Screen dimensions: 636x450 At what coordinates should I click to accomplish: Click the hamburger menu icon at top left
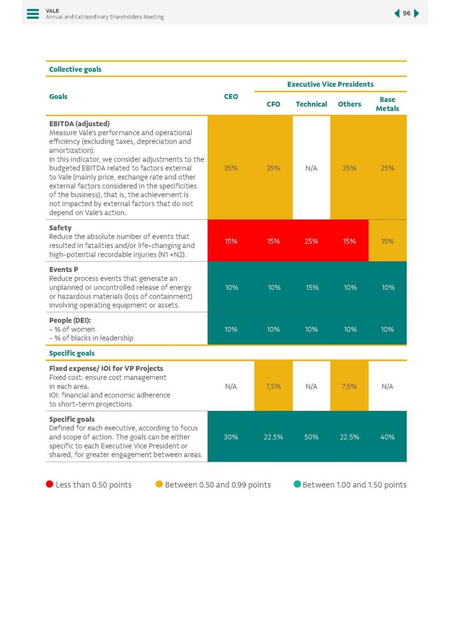click(x=33, y=14)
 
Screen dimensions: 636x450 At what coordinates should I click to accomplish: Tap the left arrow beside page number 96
click(x=397, y=14)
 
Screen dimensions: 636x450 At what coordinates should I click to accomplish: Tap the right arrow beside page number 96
click(x=417, y=14)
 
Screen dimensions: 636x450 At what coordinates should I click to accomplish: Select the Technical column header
click(x=311, y=104)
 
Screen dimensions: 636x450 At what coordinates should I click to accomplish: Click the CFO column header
click(x=273, y=104)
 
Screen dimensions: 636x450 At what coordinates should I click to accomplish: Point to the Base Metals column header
click(x=387, y=104)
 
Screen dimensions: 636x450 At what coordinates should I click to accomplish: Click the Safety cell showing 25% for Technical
click(x=311, y=241)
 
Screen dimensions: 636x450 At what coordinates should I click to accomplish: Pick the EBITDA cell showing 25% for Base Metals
click(x=387, y=168)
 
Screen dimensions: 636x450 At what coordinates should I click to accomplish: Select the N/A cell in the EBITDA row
click(x=311, y=168)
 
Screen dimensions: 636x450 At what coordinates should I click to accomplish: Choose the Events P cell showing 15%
click(x=311, y=287)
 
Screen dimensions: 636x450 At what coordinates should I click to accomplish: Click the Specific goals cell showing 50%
click(x=311, y=437)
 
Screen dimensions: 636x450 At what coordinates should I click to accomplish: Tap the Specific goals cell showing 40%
click(x=387, y=437)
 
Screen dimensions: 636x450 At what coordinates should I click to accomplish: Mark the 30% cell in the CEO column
click(x=231, y=437)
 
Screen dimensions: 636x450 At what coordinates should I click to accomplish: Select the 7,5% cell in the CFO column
click(x=273, y=386)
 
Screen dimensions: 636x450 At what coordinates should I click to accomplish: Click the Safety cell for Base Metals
click(x=387, y=241)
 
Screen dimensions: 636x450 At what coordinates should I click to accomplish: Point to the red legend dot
click(x=50, y=484)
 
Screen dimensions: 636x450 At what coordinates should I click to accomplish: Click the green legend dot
click(x=297, y=484)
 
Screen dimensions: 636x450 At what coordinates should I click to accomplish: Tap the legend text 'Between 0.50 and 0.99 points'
click(x=218, y=485)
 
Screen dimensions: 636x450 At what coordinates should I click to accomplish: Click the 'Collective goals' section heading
click(x=75, y=69)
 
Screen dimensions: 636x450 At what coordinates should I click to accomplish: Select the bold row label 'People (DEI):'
click(x=70, y=321)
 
